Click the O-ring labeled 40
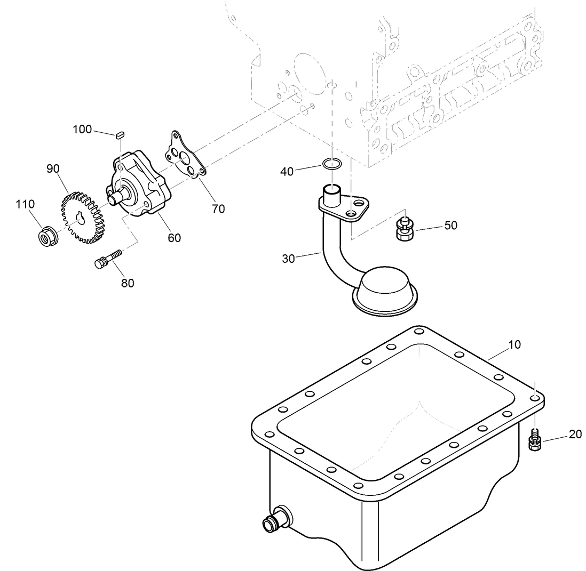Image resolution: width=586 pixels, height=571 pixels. [x=332, y=164]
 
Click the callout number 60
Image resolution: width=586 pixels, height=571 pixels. [x=175, y=238]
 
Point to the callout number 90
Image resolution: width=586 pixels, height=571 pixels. [x=53, y=169]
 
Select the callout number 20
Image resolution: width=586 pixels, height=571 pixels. [x=575, y=435]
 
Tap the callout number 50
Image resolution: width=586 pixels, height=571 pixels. [x=451, y=226]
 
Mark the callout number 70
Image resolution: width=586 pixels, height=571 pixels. [x=218, y=209]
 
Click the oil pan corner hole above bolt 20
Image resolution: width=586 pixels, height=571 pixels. [x=535, y=397]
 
